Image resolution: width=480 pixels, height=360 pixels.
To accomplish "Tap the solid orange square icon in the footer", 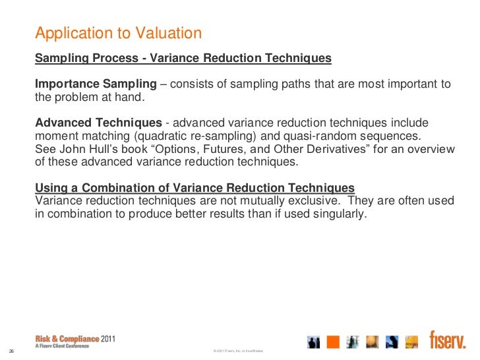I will (333, 342).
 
